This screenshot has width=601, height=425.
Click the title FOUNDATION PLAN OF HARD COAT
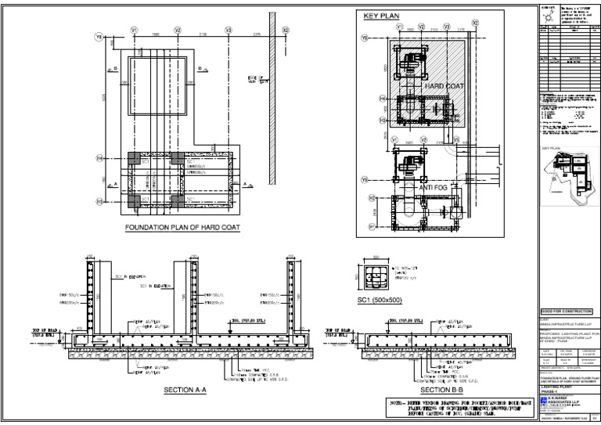pyautogui.click(x=182, y=228)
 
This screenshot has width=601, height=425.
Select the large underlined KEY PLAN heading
pyautogui.click(x=381, y=16)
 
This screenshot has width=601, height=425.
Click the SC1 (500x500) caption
pyautogui.click(x=379, y=301)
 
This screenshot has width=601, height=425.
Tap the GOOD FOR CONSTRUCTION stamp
pyautogui.click(x=567, y=311)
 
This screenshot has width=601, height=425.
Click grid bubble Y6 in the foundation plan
pyautogui.click(x=99, y=37)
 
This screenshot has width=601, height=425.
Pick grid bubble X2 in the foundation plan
pyautogui.click(x=286, y=30)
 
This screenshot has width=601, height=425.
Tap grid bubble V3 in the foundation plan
pyautogui.click(x=228, y=30)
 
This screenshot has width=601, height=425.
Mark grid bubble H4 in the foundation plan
pyautogui.click(x=99, y=157)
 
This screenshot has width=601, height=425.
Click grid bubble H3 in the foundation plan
pyautogui.click(x=99, y=201)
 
